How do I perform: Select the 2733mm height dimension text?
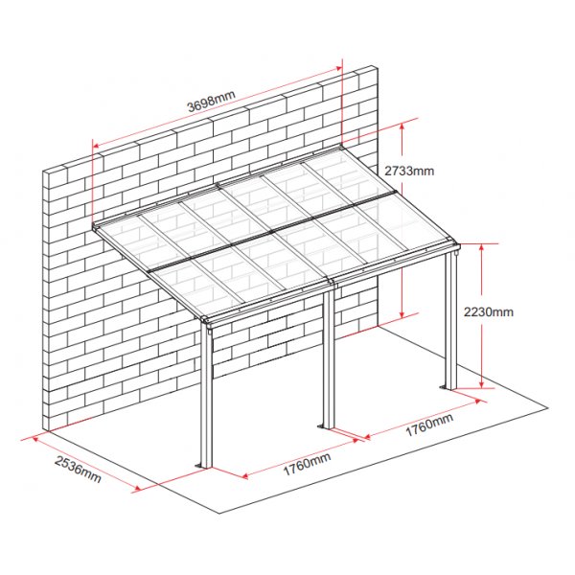tap(409, 171)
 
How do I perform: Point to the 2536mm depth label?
tap(78, 471)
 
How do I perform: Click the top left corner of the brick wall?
tap(46, 171)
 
